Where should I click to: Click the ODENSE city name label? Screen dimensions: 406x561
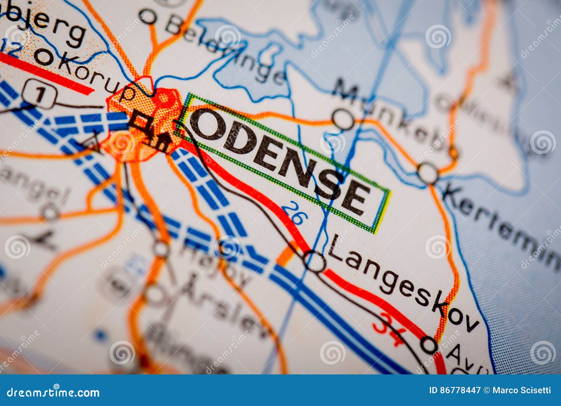point(280,161)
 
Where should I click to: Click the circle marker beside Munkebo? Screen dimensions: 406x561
point(343,119)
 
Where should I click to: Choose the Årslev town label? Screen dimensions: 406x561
point(224,305)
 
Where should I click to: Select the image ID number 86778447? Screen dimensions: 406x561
point(461,390)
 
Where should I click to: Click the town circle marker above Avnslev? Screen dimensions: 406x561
point(429,344)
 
